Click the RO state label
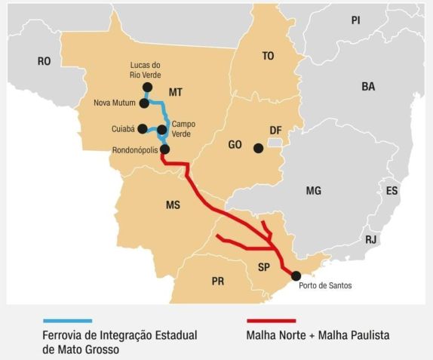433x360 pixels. [x=44, y=62]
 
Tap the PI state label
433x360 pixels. [x=356, y=20]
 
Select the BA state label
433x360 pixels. [x=368, y=87]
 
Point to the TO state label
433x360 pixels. [x=268, y=56]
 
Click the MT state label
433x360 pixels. [x=176, y=92]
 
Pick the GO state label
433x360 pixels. [x=235, y=144]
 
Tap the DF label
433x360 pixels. [x=275, y=131]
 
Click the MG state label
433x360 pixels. [x=314, y=191]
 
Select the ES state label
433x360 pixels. [x=392, y=191]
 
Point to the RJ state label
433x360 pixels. [x=370, y=239]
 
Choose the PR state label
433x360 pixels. [x=218, y=282]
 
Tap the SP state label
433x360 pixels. [x=263, y=267]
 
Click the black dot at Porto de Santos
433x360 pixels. [x=296, y=275]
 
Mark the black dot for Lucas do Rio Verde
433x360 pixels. [x=147, y=88]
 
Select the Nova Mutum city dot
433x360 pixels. [x=143, y=103]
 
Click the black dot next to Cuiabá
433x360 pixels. [x=143, y=128]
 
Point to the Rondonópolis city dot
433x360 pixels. [x=165, y=149]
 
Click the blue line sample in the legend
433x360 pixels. [x=67, y=321]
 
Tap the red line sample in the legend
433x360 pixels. [x=272, y=321]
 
